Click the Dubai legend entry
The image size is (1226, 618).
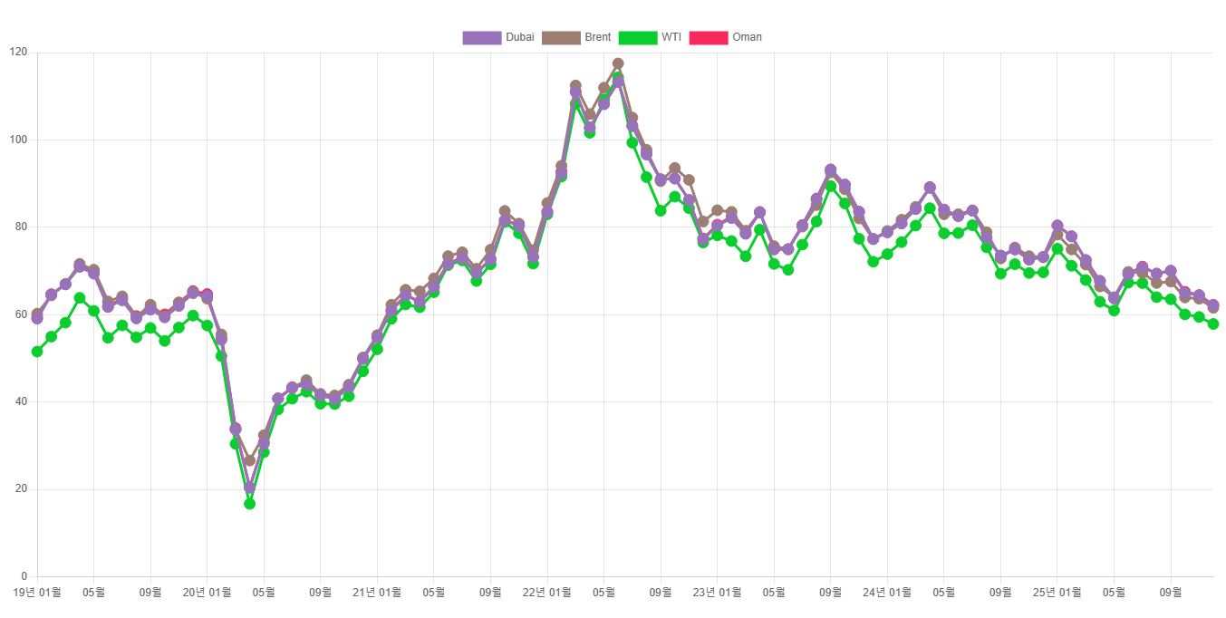[x=498, y=37]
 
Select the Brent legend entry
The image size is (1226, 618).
[x=577, y=37]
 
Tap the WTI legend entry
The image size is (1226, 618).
[x=651, y=37]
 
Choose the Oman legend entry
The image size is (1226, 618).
[x=726, y=37]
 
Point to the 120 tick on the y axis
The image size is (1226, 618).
[x=18, y=53]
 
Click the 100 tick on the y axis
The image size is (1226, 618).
[x=18, y=140]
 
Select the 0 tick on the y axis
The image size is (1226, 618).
[x=24, y=576]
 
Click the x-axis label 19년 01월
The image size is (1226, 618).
[x=37, y=593]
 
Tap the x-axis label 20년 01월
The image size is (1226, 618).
[x=208, y=593]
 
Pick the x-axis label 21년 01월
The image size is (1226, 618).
[x=377, y=593]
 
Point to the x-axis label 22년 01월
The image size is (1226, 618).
[x=547, y=593]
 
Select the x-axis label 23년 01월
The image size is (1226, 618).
[x=717, y=593]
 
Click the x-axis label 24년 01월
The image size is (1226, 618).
[x=887, y=593]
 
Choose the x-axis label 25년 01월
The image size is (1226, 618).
[x=1057, y=593]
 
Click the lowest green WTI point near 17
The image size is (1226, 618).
[x=249, y=503]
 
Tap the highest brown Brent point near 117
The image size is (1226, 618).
[x=618, y=64]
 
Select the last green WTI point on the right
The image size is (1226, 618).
[x=1212, y=323]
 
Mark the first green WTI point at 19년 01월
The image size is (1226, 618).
[x=37, y=352]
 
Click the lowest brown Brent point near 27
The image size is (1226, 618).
[x=249, y=460]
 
